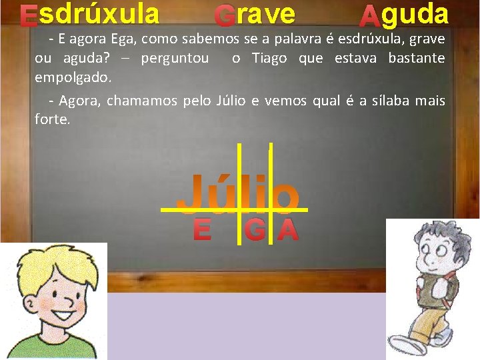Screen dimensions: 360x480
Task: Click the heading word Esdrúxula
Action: pos(89,13)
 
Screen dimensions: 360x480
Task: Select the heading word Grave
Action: pos(255,14)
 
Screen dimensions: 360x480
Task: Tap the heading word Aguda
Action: pos(404,14)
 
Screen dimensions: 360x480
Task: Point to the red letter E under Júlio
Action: pos(202,230)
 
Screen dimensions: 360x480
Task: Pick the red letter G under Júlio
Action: pos(254,230)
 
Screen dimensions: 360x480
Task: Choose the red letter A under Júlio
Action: pos(287,230)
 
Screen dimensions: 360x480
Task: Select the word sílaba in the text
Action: pos(387,101)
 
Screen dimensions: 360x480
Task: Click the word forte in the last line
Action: pos(51,119)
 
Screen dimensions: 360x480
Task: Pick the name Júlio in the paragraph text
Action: pos(232,101)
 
